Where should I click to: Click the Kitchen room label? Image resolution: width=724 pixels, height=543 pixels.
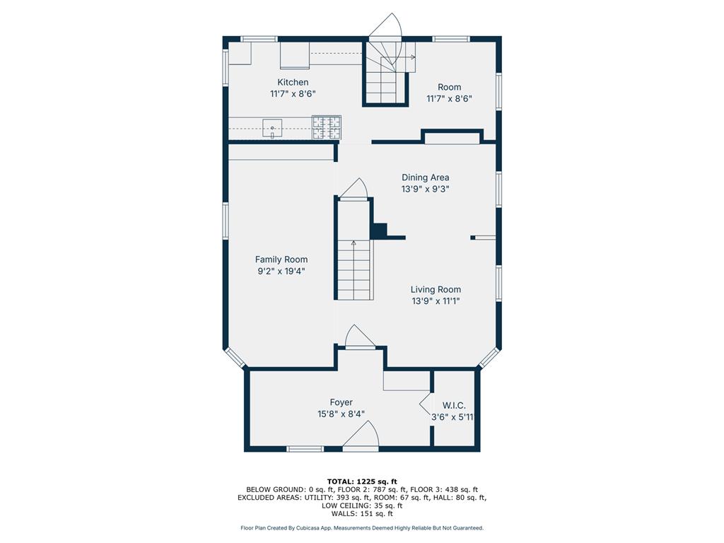pos(293,82)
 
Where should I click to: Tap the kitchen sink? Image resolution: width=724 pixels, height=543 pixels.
pos(272,128)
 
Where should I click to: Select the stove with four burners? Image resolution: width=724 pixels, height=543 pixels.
pos(327,127)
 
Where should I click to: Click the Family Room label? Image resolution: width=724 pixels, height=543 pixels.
pos(281,259)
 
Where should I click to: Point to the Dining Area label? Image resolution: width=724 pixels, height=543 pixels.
pos(425,177)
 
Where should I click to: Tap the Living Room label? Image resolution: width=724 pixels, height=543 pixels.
pos(436,289)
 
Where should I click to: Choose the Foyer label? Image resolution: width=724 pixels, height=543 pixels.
pos(341,402)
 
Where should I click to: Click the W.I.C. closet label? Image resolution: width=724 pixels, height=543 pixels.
pos(454,405)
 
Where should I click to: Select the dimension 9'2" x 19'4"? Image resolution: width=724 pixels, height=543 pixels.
pos(281,271)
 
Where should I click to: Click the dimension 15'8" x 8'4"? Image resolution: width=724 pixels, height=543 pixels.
pos(341,414)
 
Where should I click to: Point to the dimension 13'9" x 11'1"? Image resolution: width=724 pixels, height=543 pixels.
pos(436,301)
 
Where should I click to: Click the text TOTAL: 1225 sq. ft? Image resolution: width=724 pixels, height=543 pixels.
pos(362,481)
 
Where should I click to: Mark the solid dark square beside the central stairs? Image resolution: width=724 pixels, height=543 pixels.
pos(380,230)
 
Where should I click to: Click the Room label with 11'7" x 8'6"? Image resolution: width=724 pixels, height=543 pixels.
pos(449,87)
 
